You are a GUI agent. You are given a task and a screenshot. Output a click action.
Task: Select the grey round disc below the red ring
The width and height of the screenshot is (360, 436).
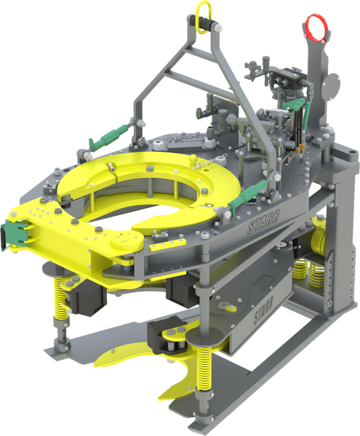[330, 87]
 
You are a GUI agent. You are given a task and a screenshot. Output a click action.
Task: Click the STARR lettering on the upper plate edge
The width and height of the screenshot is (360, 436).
[263, 222]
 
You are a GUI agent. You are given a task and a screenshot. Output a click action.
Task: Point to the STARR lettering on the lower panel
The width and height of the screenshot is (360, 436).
[263, 310]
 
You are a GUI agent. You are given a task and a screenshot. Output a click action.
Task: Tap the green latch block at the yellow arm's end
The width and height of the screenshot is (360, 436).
[14, 234]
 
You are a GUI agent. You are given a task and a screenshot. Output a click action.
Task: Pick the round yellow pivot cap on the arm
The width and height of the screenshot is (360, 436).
[127, 241]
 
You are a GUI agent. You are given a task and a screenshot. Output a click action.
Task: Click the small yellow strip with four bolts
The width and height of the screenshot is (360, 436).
[168, 244]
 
